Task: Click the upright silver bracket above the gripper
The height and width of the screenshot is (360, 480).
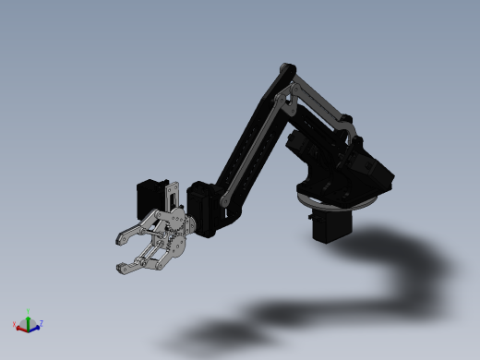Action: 172,197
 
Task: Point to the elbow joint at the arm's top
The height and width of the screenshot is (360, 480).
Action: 286,71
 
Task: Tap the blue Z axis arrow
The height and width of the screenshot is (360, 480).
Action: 35,326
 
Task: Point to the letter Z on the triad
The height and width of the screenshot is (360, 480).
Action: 42,323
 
